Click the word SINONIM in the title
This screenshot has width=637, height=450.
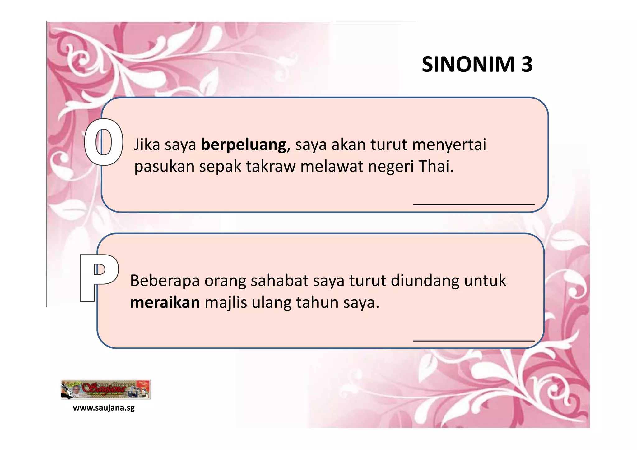click(x=468, y=64)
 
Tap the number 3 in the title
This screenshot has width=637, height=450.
click(x=527, y=64)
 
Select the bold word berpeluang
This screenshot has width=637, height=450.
click(x=244, y=145)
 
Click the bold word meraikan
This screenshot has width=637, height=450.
click(x=165, y=302)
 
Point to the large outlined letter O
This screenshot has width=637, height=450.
click(x=104, y=142)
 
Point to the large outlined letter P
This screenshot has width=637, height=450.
click(x=99, y=277)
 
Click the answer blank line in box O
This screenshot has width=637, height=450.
click(x=473, y=204)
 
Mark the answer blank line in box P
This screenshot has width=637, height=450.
click(x=473, y=340)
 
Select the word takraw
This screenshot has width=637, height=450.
click(x=271, y=166)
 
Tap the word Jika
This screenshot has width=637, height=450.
click(x=147, y=145)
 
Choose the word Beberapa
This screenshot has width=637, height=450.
click(x=165, y=281)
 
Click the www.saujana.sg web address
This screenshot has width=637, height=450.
click(x=104, y=408)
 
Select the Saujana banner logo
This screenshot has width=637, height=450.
click(x=106, y=389)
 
